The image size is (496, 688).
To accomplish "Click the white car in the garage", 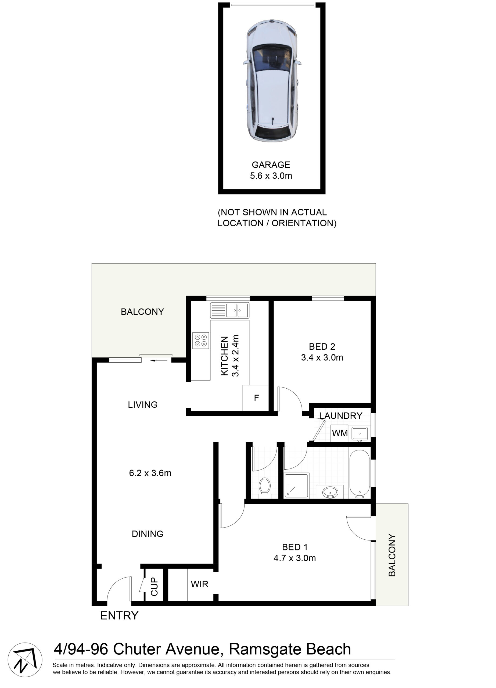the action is pyautogui.click(x=272, y=81).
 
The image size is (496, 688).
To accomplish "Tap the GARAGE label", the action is pyautogui.click(x=271, y=165).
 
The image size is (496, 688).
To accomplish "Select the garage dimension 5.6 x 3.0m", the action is pyautogui.click(x=271, y=176).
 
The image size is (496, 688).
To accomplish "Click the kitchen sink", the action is pyautogui.click(x=230, y=310).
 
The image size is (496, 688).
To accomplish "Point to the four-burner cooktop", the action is pyautogui.click(x=200, y=340).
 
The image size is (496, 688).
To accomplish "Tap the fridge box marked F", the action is pyautogui.click(x=256, y=398).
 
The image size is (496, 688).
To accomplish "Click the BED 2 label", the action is pyautogui.click(x=322, y=346).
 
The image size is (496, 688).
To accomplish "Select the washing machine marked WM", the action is pyautogui.click(x=339, y=433).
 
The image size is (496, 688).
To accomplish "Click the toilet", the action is pyautogui.click(x=265, y=488).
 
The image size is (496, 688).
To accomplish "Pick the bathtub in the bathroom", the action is pyautogui.click(x=360, y=474).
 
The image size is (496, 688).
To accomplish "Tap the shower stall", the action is pyautogui.click(x=296, y=485).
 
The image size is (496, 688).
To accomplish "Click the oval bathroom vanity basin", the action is pyautogui.click(x=330, y=492).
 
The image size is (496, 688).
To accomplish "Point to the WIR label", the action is pyautogui.click(x=199, y=584).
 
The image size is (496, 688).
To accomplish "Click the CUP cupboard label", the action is pyautogui.click(x=154, y=586).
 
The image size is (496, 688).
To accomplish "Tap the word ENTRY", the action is pyautogui.click(x=119, y=615).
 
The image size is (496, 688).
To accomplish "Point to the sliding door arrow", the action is pyautogui.click(x=159, y=361).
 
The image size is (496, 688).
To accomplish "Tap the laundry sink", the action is pyautogui.click(x=360, y=433).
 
